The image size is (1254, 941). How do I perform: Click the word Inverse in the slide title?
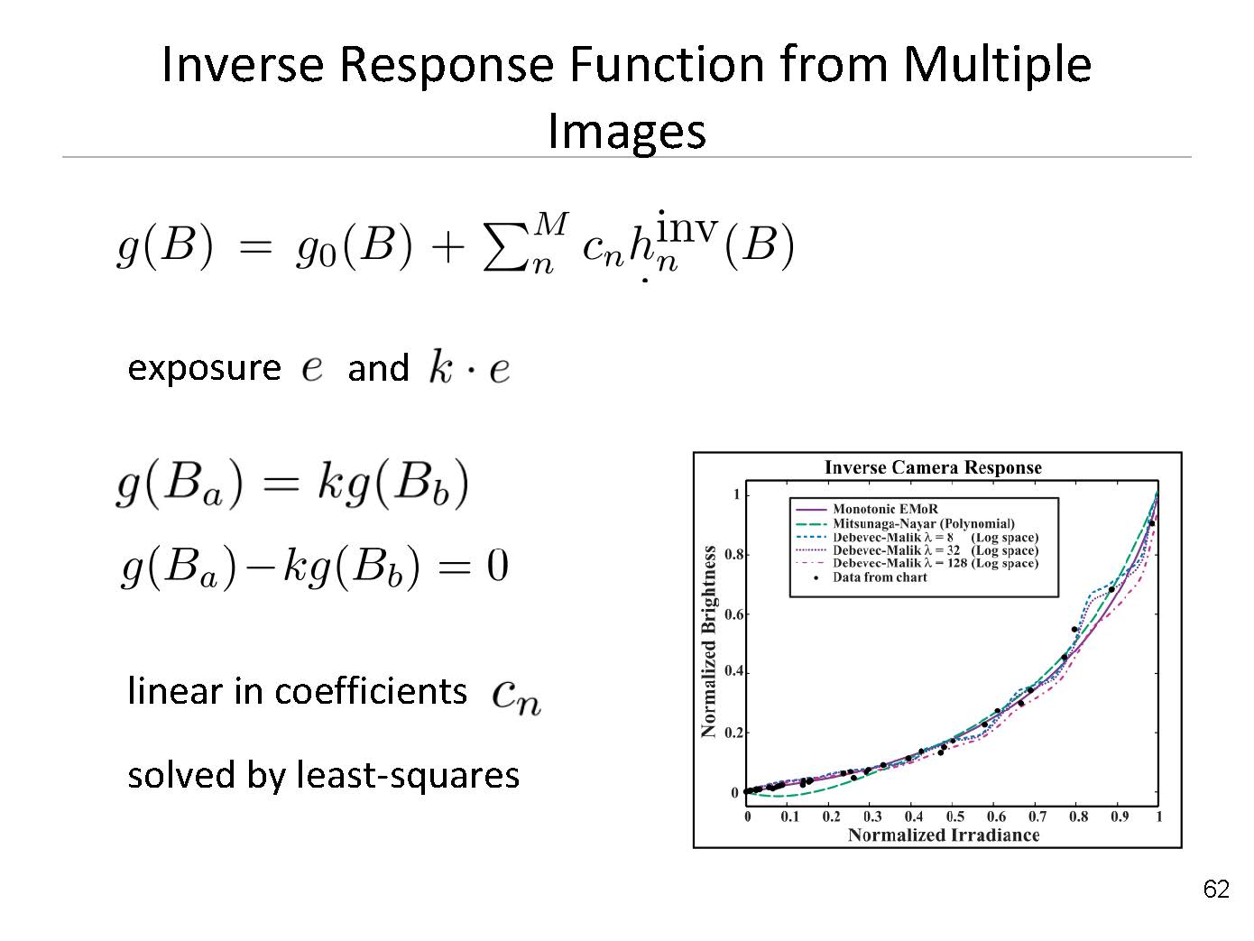[244, 65]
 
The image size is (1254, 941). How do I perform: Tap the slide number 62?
[1216, 889]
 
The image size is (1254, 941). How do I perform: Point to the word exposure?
[204, 368]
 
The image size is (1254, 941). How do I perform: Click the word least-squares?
[408, 775]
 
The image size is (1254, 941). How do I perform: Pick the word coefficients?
[371, 691]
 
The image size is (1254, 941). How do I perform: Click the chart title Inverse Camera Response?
[933, 467]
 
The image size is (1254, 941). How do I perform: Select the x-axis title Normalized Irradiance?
[944, 835]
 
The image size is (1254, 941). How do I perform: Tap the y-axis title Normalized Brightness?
[708, 641]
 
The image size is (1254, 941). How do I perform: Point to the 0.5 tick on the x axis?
[955, 816]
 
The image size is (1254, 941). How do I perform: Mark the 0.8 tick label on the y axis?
[733, 554]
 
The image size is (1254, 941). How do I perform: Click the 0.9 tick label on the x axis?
[1120, 816]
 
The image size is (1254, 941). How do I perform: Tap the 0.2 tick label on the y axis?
[733, 733]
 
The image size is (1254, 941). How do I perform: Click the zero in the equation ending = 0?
[497, 567]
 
